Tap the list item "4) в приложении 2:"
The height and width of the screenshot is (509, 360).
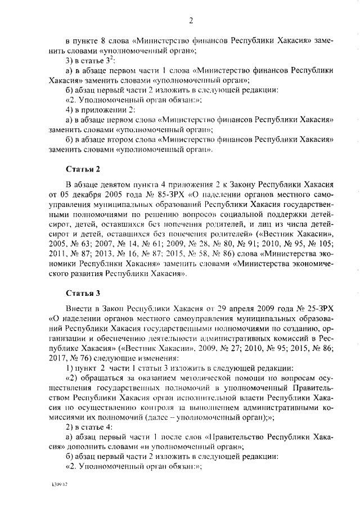100,109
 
